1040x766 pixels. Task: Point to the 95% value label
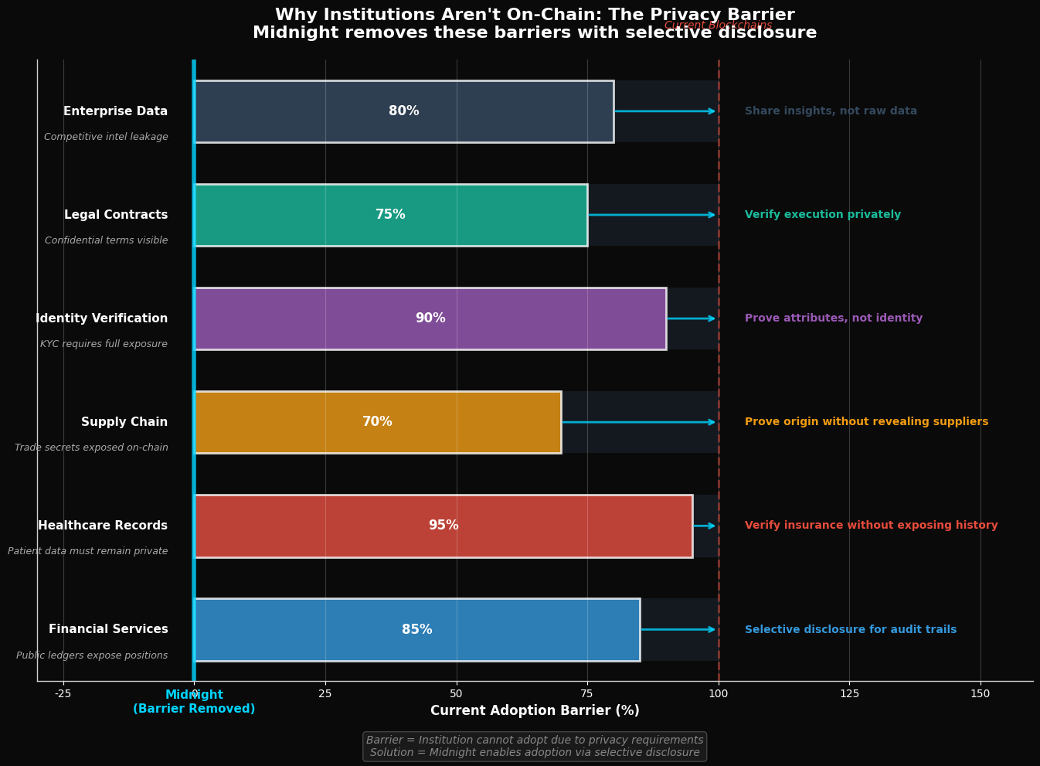coord(444,526)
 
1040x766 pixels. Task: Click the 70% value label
coord(377,422)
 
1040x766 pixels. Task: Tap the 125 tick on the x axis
coord(849,693)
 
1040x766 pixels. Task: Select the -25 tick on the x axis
coord(63,693)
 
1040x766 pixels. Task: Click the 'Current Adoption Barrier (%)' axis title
coord(535,711)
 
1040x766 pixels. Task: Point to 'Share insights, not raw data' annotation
coord(831,111)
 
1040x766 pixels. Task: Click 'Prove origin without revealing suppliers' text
coord(866,422)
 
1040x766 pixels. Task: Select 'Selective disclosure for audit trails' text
coord(850,629)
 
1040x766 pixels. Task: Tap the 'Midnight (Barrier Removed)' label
coord(194,702)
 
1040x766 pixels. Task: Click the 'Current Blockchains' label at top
coord(718,26)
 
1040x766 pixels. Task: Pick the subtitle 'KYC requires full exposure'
coord(104,344)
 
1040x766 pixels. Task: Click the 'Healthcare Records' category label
coord(103,526)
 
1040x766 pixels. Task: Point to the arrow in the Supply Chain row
coord(639,422)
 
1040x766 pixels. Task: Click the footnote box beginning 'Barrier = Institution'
coord(535,747)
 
